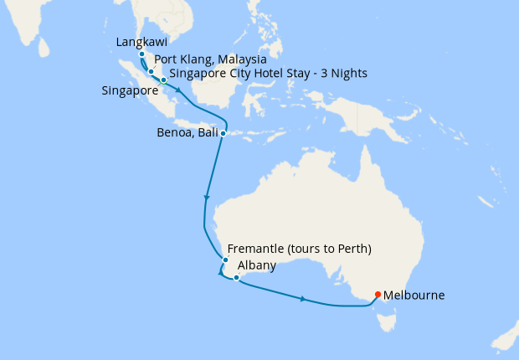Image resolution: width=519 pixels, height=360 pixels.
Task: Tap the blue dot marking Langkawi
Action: (x=142, y=55)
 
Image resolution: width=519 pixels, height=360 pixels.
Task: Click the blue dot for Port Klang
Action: (x=152, y=72)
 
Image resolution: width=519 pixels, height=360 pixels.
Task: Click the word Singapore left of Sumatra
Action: (x=129, y=90)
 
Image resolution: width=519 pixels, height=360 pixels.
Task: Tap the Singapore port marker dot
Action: (x=163, y=80)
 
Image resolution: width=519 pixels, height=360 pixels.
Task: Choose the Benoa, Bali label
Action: (x=188, y=132)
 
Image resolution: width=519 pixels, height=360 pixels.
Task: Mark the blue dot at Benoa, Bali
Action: (x=223, y=133)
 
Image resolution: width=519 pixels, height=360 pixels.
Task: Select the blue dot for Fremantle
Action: (x=225, y=260)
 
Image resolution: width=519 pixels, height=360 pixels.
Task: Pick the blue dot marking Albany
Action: (x=237, y=277)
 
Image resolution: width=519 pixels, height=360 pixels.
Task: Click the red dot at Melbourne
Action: (x=378, y=294)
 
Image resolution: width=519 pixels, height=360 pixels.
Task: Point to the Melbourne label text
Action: (x=415, y=296)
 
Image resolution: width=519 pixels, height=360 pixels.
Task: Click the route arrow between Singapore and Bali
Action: (x=178, y=89)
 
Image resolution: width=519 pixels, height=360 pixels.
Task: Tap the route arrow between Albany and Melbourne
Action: (x=303, y=298)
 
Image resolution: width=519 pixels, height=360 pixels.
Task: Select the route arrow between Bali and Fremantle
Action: (x=206, y=198)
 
